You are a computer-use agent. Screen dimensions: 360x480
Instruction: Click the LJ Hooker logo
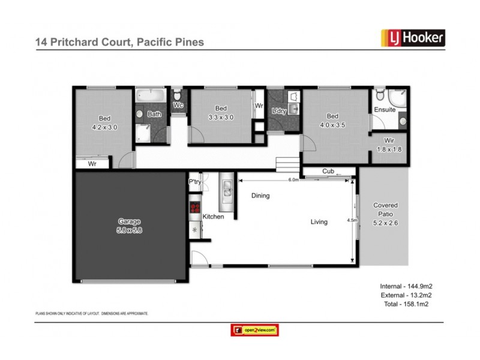[x=413, y=38]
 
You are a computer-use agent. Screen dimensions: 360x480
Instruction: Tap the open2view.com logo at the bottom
[x=255, y=330]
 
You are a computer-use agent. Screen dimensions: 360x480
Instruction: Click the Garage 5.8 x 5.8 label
[x=130, y=226]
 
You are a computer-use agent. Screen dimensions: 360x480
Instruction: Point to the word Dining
[x=260, y=196]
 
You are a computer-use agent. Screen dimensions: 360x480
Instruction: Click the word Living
[x=319, y=222]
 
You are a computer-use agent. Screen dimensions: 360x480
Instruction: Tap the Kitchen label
[x=213, y=217]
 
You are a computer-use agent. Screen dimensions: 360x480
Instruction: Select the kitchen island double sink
[x=227, y=190]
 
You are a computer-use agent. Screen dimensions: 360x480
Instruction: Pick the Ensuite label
[x=385, y=110]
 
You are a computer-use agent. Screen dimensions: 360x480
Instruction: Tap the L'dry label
[x=279, y=112]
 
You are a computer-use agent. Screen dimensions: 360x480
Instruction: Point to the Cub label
[x=328, y=172]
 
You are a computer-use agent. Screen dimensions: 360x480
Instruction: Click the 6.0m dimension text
[x=293, y=179]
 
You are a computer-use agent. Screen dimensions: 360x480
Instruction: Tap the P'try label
[x=194, y=182]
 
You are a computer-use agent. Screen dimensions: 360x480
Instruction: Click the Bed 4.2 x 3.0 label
[x=104, y=122]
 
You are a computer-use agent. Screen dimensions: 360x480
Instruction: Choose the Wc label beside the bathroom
[x=178, y=106]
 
